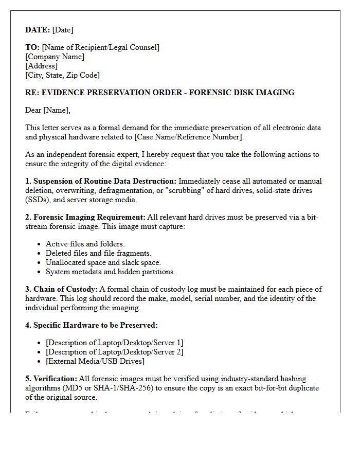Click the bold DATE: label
pyautogui.click(x=38, y=30)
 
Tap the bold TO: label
pyautogui.click(x=32, y=47)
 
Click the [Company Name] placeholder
pyautogui.click(x=55, y=57)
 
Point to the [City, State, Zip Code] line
pyautogui.click(x=62, y=75)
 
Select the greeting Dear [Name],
pyautogui.click(x=48, y=110)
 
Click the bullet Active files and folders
pyautogui.click(x=85, y=244)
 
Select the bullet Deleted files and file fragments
pyautogui.click(x=98, y=253)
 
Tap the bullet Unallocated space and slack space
pyautogui.click(x=103, y=262)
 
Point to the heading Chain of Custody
pyautogui.click(x=65, y=289)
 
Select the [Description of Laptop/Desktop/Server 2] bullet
pyautogui.click(x=115, y=352)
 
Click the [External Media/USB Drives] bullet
pyautogui.click(x=95, y=361)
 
